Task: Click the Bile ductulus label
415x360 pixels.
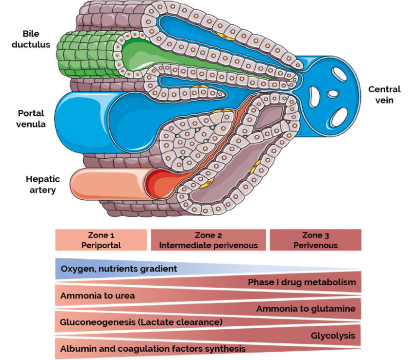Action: (x=37, y=39)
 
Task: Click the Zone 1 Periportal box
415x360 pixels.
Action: (x=101, y=240)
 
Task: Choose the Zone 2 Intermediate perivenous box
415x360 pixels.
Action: (x=208, y=240)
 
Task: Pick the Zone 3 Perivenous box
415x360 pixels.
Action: (x=315, y=240)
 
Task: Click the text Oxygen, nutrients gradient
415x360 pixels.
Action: (x=119, y=268)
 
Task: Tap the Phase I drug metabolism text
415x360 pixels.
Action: (x=302, y=282)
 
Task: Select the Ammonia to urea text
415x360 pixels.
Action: (x=98, y=296)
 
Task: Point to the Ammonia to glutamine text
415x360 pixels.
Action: (x=306, y=309)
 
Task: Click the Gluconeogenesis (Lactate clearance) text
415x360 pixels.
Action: (x=141, y=322)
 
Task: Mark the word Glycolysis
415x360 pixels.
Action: (x=332, y=336)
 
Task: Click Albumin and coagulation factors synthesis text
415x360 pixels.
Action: (x=153, y=349)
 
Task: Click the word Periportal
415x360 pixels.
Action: (x=101, y=245)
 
